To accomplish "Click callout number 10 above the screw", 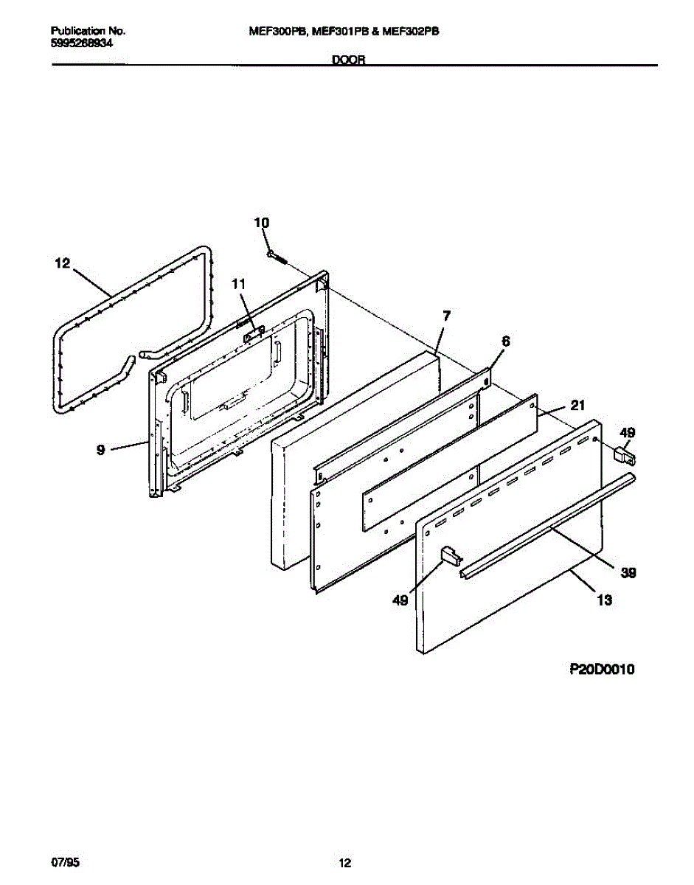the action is (x=262, y=223).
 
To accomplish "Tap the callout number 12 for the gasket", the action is (x=62, y=263).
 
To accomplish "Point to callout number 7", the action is (x=447, y=316).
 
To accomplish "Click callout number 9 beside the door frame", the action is (x=100, y=450).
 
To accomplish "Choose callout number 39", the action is (x=628, y=574).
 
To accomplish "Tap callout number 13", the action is (x=605, y=600).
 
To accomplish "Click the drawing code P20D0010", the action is (x=602, y=669).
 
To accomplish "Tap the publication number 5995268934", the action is (x=81, y=44).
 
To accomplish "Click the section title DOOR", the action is (x=349, y=60).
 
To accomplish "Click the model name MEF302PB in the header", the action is (x=411, y=32).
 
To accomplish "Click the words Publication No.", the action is (x=88, y=31).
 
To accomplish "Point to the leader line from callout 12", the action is (x=92, y=282).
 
